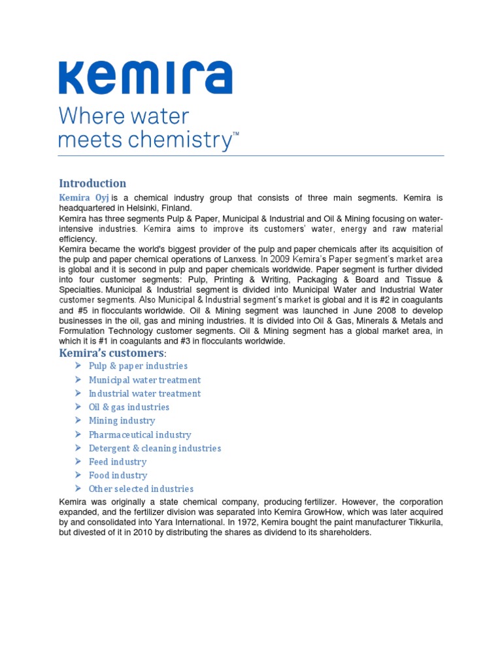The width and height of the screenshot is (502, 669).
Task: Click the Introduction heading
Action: click(x=92, y=183)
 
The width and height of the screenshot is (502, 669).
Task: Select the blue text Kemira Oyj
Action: click(x=84, y=197)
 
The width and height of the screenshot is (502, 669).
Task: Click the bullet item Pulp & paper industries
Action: click(x=138, y=366)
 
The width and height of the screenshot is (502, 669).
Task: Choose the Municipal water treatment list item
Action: click(x=144, y=380)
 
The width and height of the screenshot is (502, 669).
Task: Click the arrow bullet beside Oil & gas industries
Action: click(x=78, y=407)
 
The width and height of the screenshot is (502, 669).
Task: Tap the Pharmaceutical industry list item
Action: click(x=140, y=434)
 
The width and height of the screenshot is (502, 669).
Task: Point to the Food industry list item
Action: click(x=118, y=475)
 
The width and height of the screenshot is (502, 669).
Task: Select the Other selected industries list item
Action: click(x=141, y=489)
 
